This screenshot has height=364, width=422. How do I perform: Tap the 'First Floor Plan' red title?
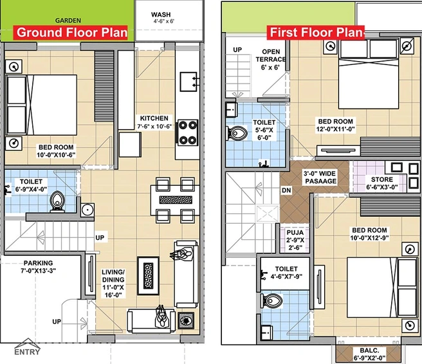(316, 33)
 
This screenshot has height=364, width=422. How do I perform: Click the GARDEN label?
(68, 21)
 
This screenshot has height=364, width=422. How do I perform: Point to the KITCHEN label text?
(154, 118)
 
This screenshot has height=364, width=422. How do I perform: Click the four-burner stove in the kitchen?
(187, 133)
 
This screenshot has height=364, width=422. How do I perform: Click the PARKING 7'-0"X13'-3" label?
(38, 267)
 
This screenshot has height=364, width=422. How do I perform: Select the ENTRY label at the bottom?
(27, 352)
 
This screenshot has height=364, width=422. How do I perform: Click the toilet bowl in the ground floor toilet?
(57, 201)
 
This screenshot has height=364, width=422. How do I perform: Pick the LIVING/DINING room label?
(113, 284)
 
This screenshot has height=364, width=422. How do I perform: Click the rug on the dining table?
(176, 200)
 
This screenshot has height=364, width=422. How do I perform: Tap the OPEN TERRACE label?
(271, 59)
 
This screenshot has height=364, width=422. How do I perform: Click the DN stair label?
(286, 190)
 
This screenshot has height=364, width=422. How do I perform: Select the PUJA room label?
(295, 240)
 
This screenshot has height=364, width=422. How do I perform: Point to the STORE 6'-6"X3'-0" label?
(382, 183)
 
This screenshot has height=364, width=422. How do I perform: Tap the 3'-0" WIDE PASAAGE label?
(320, 177)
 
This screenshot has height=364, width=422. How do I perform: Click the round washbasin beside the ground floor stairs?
(87, 210)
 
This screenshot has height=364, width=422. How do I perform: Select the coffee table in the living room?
(149, 276)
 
